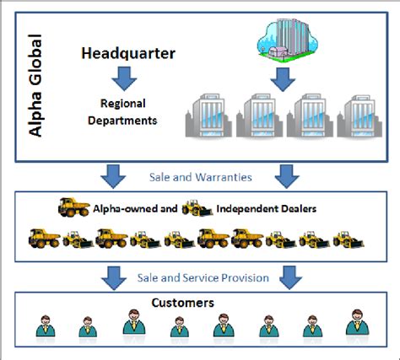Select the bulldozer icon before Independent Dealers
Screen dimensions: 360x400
(x=197, y=207)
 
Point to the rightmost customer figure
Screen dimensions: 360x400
(x=354, y=325)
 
